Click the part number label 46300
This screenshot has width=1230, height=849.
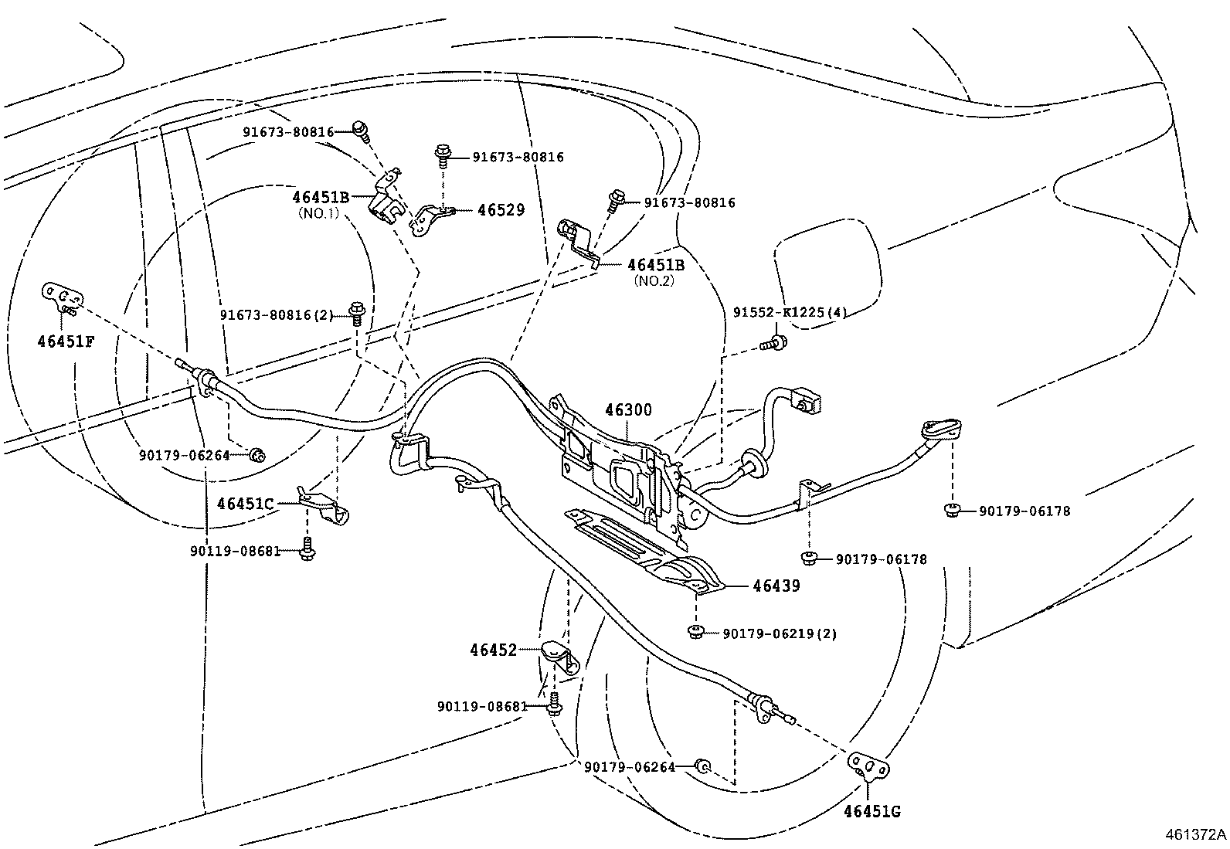pyautogui.click(x=628, y=410)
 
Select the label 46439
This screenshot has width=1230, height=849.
pyautogui.click(x=776, y=586)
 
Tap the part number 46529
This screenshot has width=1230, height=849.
pyautogui.click(x=501, y=210)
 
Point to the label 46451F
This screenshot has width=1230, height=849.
pyautogui.click(x=66, y=341)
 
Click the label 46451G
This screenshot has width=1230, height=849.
pyautogui.click(x=872, y=812)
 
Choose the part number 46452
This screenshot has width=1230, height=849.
pyautogui.click(x=493, y=651)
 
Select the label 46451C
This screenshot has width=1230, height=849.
pyautogui.click(x=245, y=504)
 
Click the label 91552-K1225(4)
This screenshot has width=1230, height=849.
pyautogui.click(x=790, y=313)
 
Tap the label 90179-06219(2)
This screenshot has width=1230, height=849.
pyautogui.click(x=780, y=634)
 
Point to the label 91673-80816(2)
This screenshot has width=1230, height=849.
pyautogui.click(x=277, y=315)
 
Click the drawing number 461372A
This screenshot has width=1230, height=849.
pyautogui.click(x=1196, y=835)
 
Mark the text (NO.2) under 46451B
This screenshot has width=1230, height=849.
pyautogui.click(x=654, y=281)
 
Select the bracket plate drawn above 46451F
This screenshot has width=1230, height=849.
pyautogui.click(x=62, y=297)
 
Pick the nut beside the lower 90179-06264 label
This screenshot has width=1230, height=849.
pyautogui.click(x=702, y=766)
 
